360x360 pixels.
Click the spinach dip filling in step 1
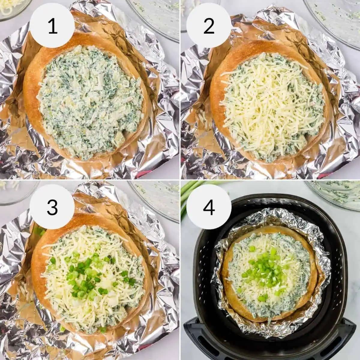pyautogui.click(x=90, y=102)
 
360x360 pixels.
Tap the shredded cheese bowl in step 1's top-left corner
pyautogui.click(x=12, y=7)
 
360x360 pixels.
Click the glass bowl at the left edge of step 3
pyautogui.click(x=15, y=192)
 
